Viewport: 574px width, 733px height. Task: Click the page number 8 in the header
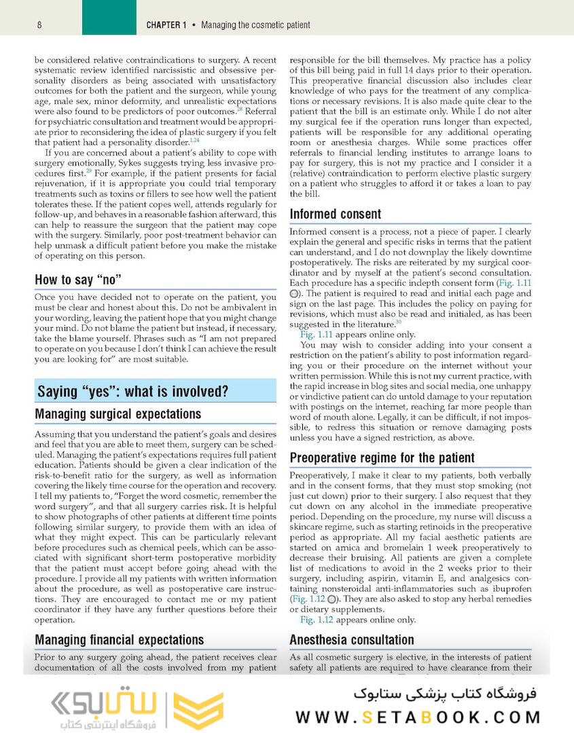pos(40,25)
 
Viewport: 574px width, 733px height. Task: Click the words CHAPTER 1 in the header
pos(166,25)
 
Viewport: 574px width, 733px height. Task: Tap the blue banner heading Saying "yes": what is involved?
pos(132,392)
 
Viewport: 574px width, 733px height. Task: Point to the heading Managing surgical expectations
pos(118,414)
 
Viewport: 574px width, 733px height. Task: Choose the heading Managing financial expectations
pos(119,639)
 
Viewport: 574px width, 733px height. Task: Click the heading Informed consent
pos(336,214)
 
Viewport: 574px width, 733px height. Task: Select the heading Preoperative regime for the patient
pos(382,457)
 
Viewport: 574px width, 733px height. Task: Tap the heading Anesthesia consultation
pos(351,639)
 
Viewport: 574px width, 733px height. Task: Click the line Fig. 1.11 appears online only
pos(357,335)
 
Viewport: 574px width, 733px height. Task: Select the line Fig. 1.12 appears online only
pos(357,620)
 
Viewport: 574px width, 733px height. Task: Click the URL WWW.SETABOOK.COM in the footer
pos(418,717)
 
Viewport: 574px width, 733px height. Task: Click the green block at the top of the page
pos(109,18)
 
